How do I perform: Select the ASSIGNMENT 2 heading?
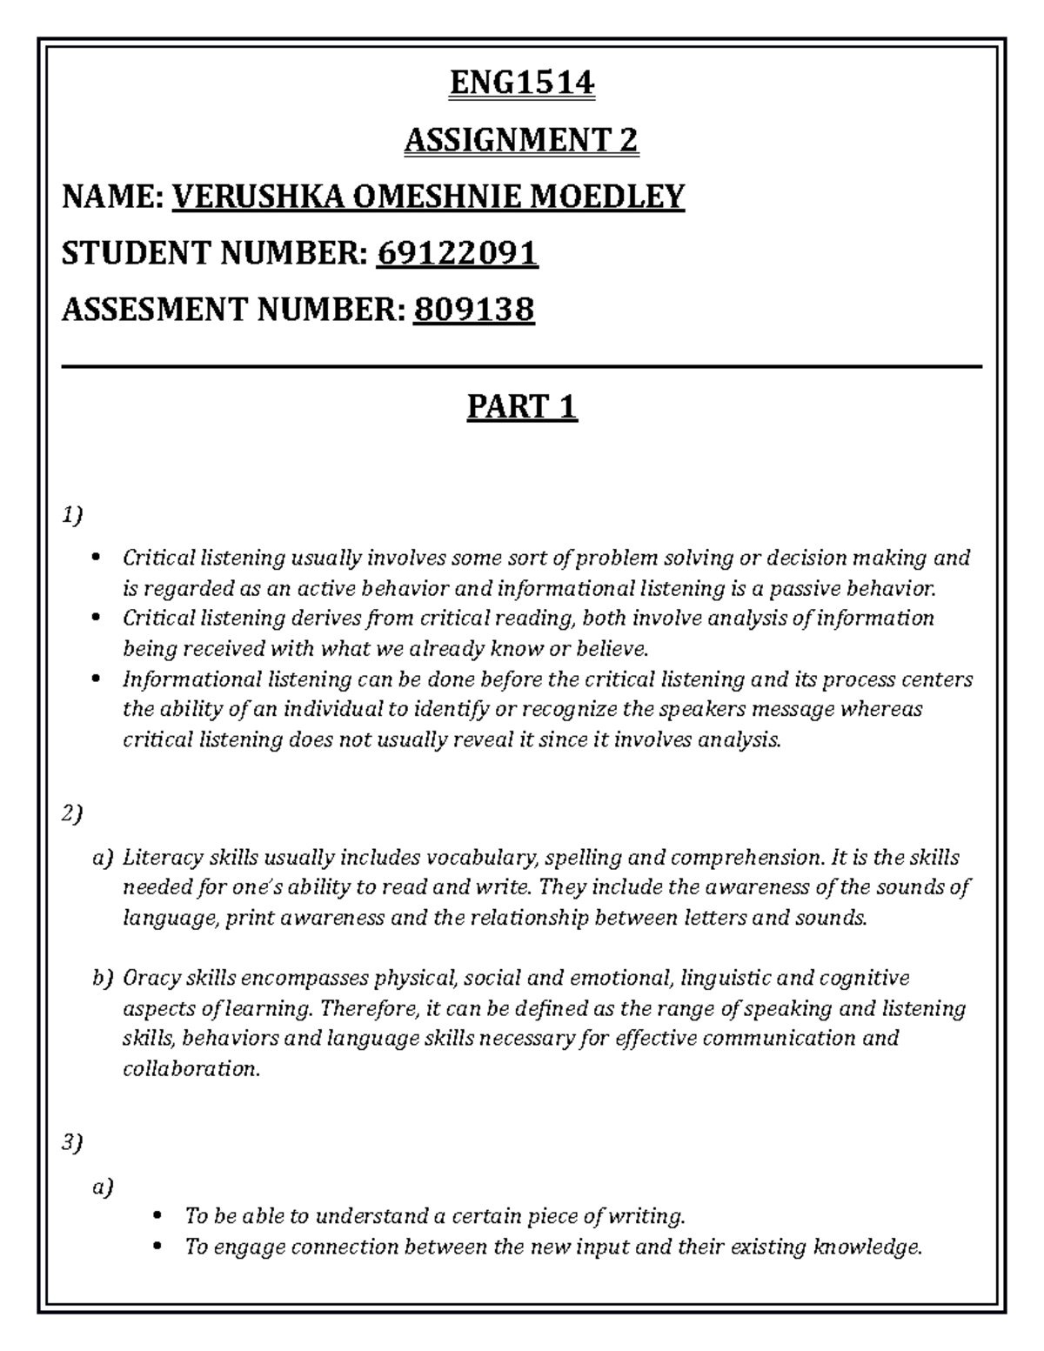coord(521,139)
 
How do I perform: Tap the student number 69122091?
coord(457,253)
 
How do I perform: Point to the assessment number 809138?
coord(473,310)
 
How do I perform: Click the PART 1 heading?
coord(521,406)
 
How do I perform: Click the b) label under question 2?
coord(103,978)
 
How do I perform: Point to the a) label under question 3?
coord(103,1186)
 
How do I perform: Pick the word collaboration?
coord(191,1068)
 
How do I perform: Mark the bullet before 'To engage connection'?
coord(157,1247)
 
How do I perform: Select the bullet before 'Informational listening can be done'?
coord(96,679)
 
